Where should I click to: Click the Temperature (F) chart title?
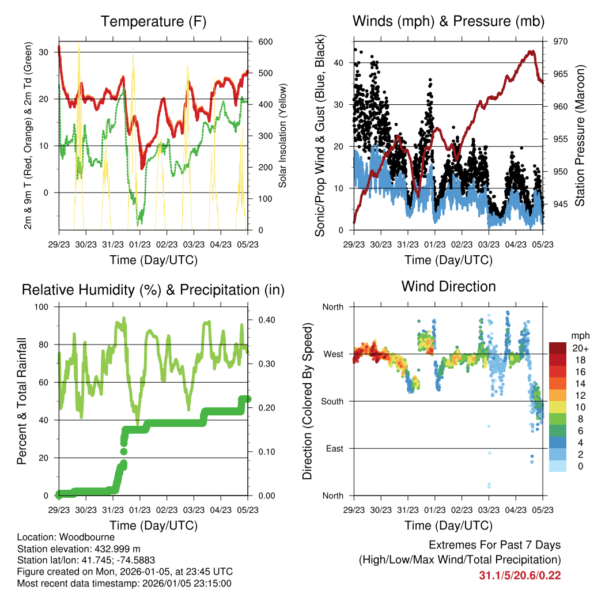(153, 22)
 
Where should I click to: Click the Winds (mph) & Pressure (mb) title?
(448, 22)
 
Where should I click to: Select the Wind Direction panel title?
(448, 286)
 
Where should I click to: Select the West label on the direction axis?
(333, 354)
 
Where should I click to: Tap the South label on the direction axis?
(332, 401)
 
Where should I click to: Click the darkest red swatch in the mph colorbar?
(558, 347)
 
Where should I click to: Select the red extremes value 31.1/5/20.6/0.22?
(519, 575)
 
